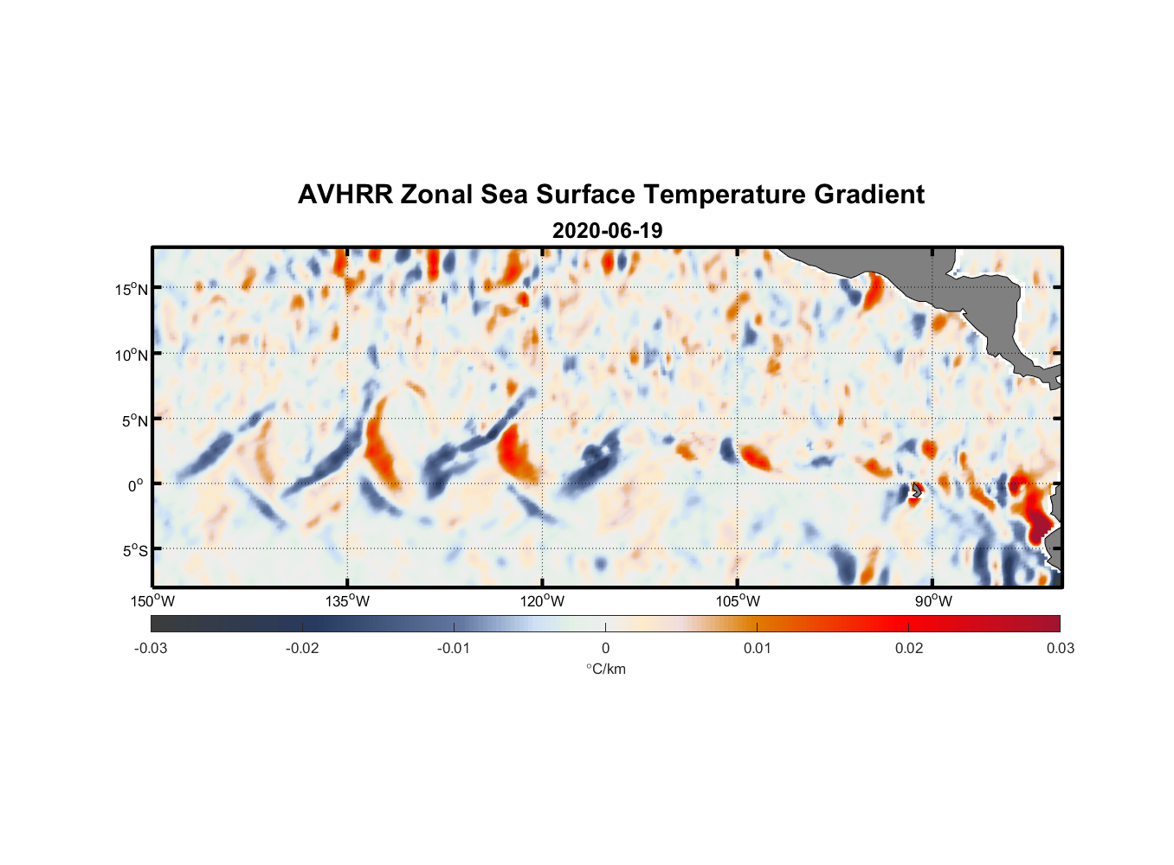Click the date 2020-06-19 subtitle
pyautogui.click(x=607, y=231)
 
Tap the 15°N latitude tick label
pyautogui.click(x=132, y=289)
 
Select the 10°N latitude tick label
pyautogui.click(x=132, y=355)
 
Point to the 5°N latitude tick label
pyautogui.click(x=134, y=420)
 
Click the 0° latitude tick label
pyautogui.click(x=136, y=485)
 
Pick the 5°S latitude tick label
pyautogui.click(x=134, y=551)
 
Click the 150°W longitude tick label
pyautogui.click(x=153, y=601)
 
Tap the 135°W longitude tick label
pyautogui.click(x=348, y=601)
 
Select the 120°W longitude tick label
pyautogui.click(x=543, y=601)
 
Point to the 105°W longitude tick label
pyautogui.click(x=738, y=601)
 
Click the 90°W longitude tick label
pyautogui.click(x=933, y=601)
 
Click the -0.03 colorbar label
pyautogui.click(x=151, y=648)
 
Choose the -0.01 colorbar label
pyautogui.click(x=454, y=648)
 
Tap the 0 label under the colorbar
pyautogui.click(x=605, y=648)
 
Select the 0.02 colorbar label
pyautogui.click(x=909, y=648)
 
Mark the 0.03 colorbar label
pyautogui.click(x=1060, y=648)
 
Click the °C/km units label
pyautogui.click(x=606, y=669)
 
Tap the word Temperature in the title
pyautogui.click(x=713, y=195)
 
